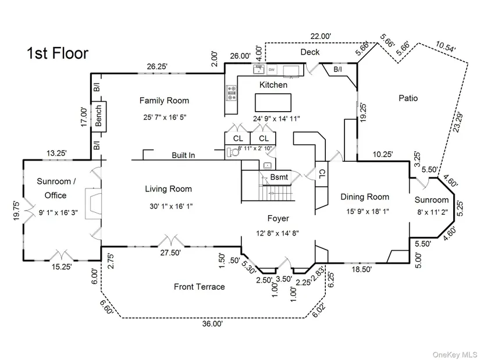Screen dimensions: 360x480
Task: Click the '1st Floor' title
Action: (x=58, y=54)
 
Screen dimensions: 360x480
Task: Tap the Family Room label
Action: (x=164, y=101)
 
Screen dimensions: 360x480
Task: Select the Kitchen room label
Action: (x=273, y=85)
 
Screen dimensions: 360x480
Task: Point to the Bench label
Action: (x=99, y=115)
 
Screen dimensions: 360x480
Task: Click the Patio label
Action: (x=408, y=98)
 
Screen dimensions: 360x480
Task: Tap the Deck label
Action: (x=310, y=52)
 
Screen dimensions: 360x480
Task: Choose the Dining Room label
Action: (x=365, y=197)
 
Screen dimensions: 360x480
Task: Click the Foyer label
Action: (x=279, y=219)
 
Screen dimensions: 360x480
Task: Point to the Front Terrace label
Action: (x=199, y=287)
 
